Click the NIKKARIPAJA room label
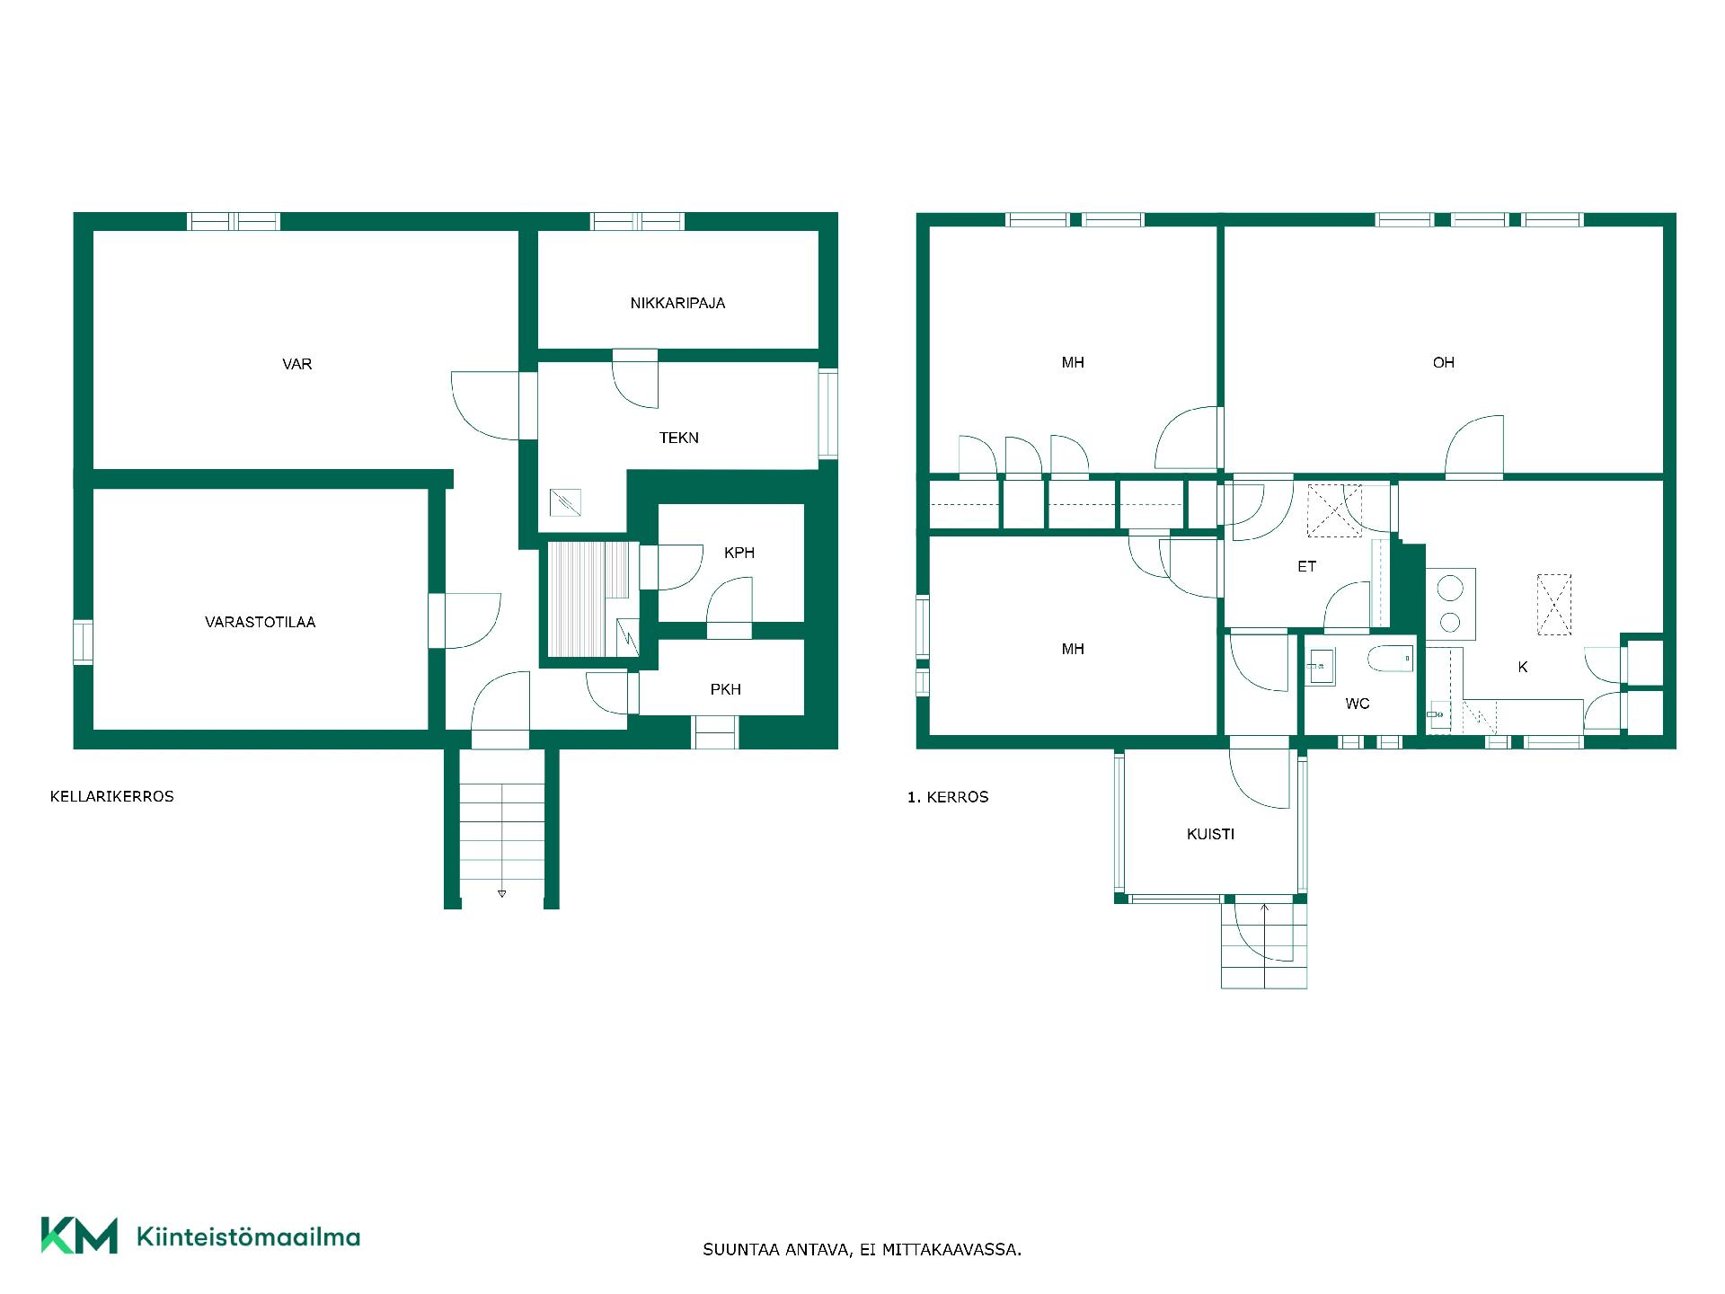click(677, 303)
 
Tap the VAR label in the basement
click(297, 364)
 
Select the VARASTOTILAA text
click(261, 622)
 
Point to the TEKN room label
click(679, 438)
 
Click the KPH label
click(739, 553)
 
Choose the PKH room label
click(726, 689)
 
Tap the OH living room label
click(1444, 362)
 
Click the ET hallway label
click(1307, 566)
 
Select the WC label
click(1358, 704)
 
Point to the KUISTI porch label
click(1211, 834)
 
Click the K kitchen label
click(1523, 667)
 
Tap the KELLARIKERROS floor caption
click(112, 796)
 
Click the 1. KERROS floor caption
click(948, 797)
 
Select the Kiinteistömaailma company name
click(248, 1236)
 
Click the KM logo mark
click(79, 1236)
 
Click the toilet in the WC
click(1390, 660)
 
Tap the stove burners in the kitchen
click(1451, 604)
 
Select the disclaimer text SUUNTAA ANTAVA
click(777, 1250)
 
